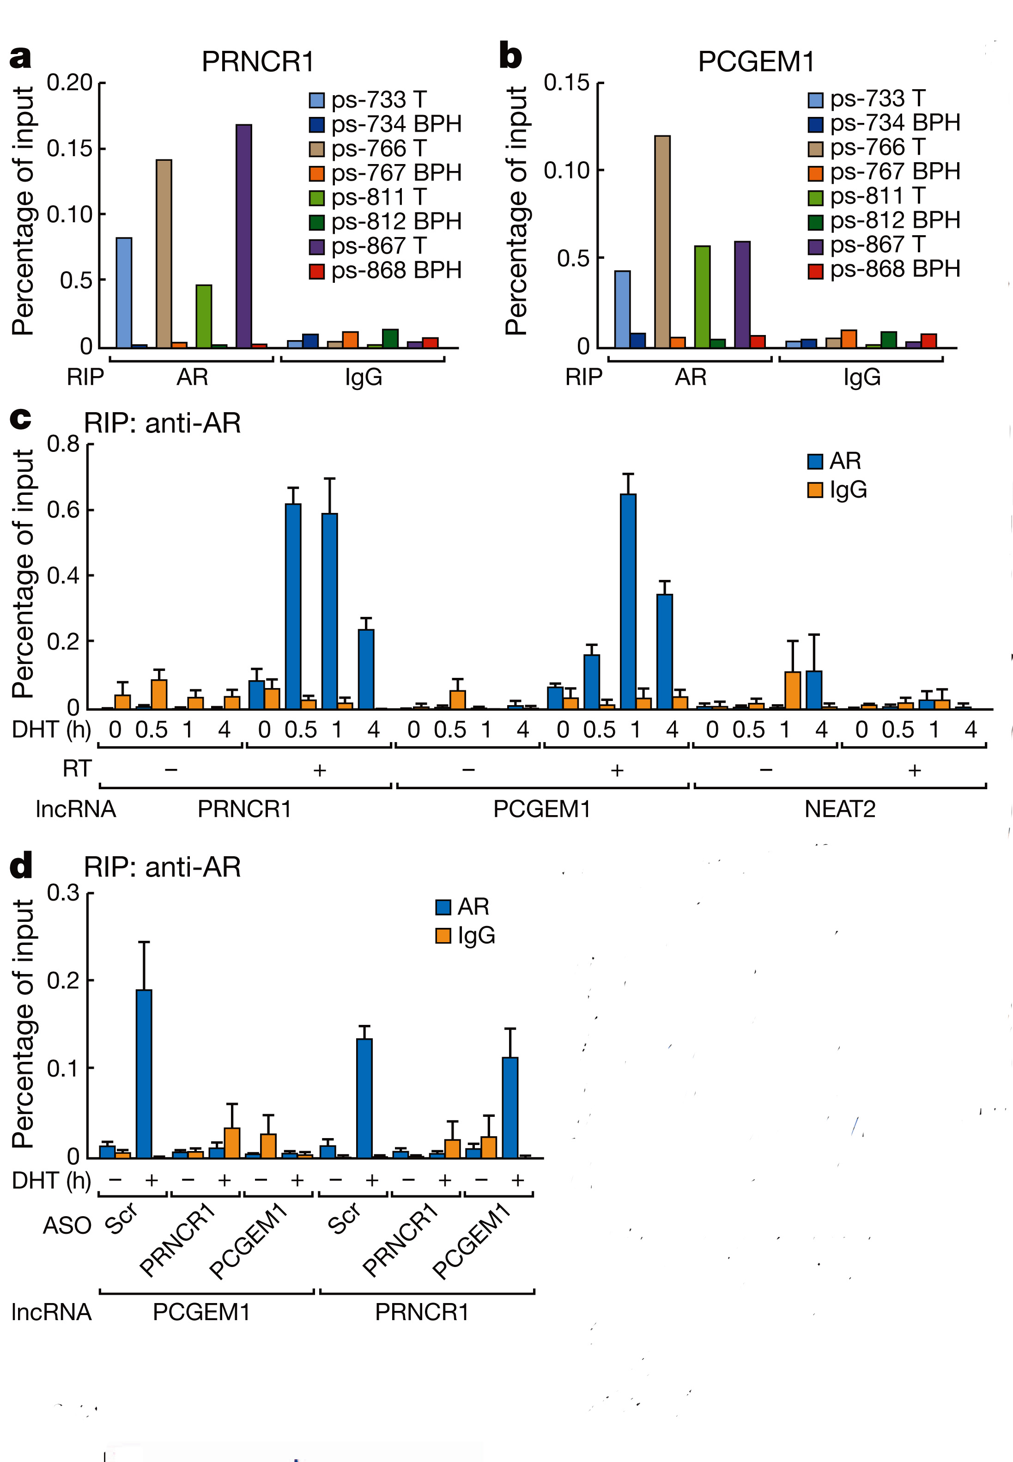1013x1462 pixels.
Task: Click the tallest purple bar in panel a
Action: point(244,236)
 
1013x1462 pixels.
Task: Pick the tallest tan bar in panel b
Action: point(662,241)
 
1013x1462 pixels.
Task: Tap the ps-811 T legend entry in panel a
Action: point(378,197)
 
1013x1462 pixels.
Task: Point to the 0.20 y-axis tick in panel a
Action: point(70,83)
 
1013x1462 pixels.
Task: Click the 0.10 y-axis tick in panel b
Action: point(567,170)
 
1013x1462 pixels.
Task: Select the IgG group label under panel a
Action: point(364,378)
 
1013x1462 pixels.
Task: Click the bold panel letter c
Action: point(20,419)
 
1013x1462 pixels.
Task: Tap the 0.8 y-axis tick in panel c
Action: point(63,444)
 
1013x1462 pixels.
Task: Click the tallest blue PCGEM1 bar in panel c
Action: point(628,600)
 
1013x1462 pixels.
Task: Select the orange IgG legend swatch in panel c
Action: point(815,490)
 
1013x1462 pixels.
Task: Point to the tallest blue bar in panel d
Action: point(144,1073)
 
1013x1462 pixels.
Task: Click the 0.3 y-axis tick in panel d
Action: point(63,893)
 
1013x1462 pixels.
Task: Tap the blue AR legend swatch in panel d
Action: point(443,907)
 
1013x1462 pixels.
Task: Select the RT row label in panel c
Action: point(77,769)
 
